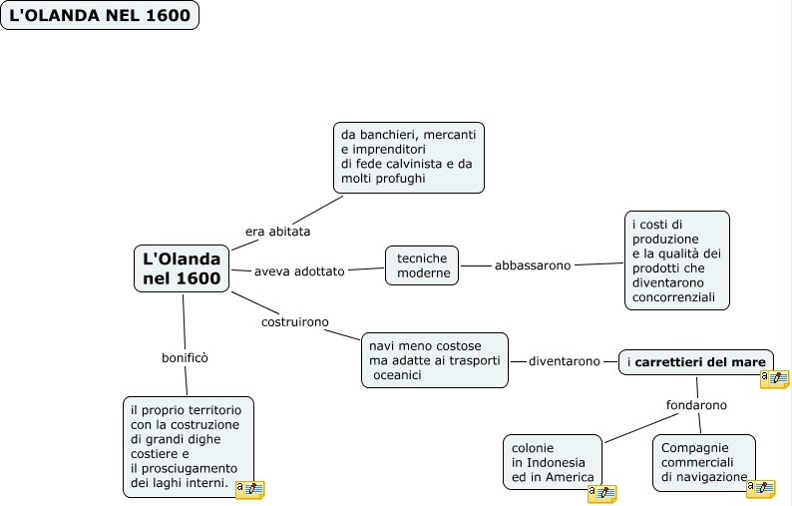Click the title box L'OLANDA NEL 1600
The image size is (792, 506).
pyautogui.click(x=100, y=15)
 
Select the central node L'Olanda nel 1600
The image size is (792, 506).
pyautogui.click(x=182, y=268)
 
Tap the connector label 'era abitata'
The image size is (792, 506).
pyautogui.click(x=277, y=232)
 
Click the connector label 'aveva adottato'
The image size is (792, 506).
pyautogui.click(x=298, y=270)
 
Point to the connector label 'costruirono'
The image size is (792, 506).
pyautogui.click(x=294, y=322)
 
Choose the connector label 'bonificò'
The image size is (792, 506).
pyautogui.click(x=185, y=357)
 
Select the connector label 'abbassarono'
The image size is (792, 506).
pyautogui.click(x=533, y=265)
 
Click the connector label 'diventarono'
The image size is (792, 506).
pyautogui.click(x=565, y=361)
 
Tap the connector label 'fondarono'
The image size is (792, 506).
pyautogui.click(x=696, y=405)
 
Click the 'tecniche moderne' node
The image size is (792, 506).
pyautogui.click(x=422, y=265)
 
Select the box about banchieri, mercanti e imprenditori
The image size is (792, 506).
pyautogui.click(x=408, y=157)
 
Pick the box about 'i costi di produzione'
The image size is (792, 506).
pyautogui.click(x=676, y=259)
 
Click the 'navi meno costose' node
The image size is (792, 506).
pyautogui.click(x=434, y=359)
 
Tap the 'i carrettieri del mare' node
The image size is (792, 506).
pyautogui.click(x=695, y=361)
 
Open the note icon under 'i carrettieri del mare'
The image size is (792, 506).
pyautogui.click(x=774, y=378)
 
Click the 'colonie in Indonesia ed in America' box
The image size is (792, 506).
pyautogui.click(x=552, y=461)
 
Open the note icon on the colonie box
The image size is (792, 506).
pyautogui.click(x=601, y=493)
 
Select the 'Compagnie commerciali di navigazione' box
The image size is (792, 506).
pyautogui.click(x=703, y=462)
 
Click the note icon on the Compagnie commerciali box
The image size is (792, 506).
pyautogui.click(x=761, y=488)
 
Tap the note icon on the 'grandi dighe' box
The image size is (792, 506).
pyautogui.click(x=249, y=489)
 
